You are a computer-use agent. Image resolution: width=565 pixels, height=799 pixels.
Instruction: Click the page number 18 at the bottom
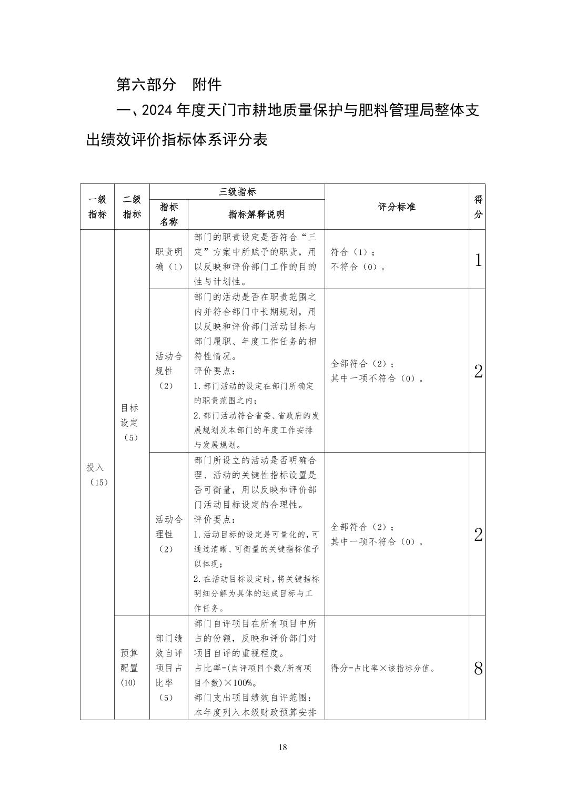283,747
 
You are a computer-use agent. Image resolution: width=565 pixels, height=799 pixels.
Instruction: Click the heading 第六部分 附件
169,84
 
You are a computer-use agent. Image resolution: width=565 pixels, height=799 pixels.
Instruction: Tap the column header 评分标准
396,207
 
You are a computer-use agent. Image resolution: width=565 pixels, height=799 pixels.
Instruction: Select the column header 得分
478,207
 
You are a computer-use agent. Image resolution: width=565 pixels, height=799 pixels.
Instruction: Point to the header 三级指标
237,192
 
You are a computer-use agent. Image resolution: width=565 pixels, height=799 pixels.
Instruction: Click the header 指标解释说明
256,214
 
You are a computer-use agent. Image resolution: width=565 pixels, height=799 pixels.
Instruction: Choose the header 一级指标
97,207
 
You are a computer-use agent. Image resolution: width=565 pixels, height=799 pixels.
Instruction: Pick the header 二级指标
132,207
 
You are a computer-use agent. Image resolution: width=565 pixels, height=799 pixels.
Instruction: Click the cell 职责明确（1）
168,259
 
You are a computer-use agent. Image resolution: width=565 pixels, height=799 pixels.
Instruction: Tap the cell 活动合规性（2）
168,371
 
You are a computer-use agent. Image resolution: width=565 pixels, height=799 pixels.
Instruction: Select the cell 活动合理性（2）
168,534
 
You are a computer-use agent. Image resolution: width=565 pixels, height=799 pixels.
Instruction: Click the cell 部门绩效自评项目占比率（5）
168,668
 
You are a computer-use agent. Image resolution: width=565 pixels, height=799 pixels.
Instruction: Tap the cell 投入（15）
97,474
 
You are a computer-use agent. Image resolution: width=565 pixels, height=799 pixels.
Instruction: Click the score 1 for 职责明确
478,260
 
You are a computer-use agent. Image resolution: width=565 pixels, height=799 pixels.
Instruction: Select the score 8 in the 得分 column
478,669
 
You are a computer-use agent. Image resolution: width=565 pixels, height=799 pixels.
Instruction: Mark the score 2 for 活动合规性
478,371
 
